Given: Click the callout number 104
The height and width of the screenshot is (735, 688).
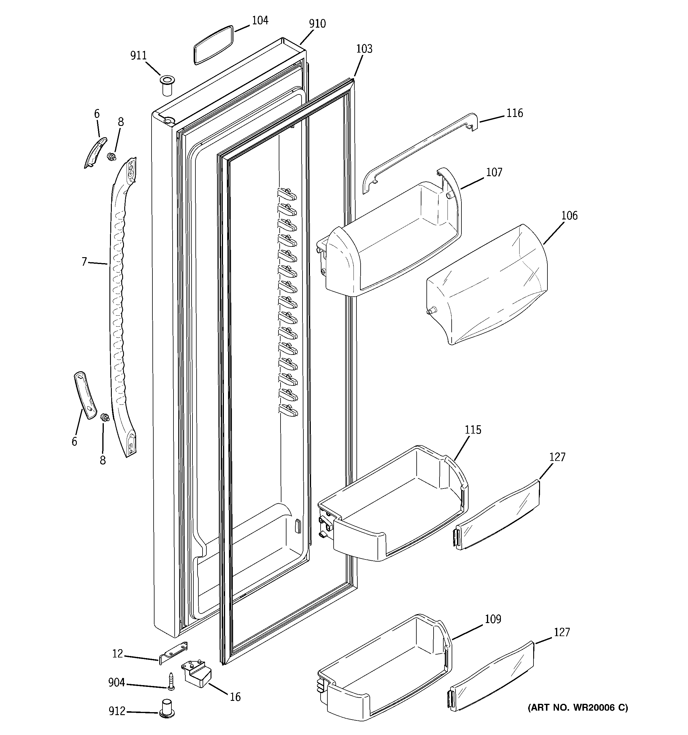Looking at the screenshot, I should [260, 20].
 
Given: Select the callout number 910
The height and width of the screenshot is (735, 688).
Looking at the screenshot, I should [317, 24].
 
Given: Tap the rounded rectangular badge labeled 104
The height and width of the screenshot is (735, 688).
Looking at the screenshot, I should [214, 45].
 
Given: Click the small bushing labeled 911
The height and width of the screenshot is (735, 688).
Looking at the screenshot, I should [167, 86].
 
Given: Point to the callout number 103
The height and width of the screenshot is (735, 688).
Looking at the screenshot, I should [364, 49].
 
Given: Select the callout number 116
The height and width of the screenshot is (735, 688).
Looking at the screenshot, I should [515, 113].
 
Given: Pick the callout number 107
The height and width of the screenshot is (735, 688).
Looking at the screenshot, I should [494, 172].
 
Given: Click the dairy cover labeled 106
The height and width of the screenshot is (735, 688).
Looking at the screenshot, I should [488, 285].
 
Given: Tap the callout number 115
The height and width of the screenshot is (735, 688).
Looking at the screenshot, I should [473, 430].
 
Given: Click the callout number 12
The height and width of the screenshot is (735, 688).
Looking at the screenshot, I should [117, 654].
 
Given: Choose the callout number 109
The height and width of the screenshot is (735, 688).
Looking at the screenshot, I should [493, 619].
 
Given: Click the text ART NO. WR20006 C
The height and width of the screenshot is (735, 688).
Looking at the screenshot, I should [578, 708].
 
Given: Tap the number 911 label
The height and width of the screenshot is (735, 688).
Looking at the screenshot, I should [138, 56].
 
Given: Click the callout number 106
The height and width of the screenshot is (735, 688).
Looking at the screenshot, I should [569, 216].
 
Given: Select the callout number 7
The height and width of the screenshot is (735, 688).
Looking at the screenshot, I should [84, 262].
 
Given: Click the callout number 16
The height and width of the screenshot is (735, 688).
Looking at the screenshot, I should [235, 697].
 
